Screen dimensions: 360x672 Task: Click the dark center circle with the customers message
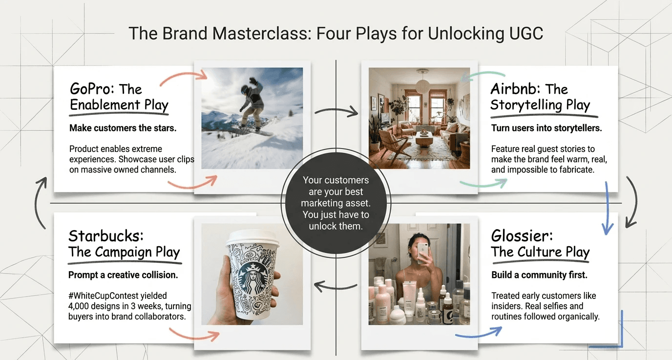click(336, 203)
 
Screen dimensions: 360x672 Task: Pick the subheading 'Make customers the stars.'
click(123, 128)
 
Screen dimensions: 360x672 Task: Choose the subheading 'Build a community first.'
click(539, 275)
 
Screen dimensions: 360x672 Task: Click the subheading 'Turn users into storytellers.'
click(546, 128)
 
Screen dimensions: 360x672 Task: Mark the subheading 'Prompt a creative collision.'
click(123, 275)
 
